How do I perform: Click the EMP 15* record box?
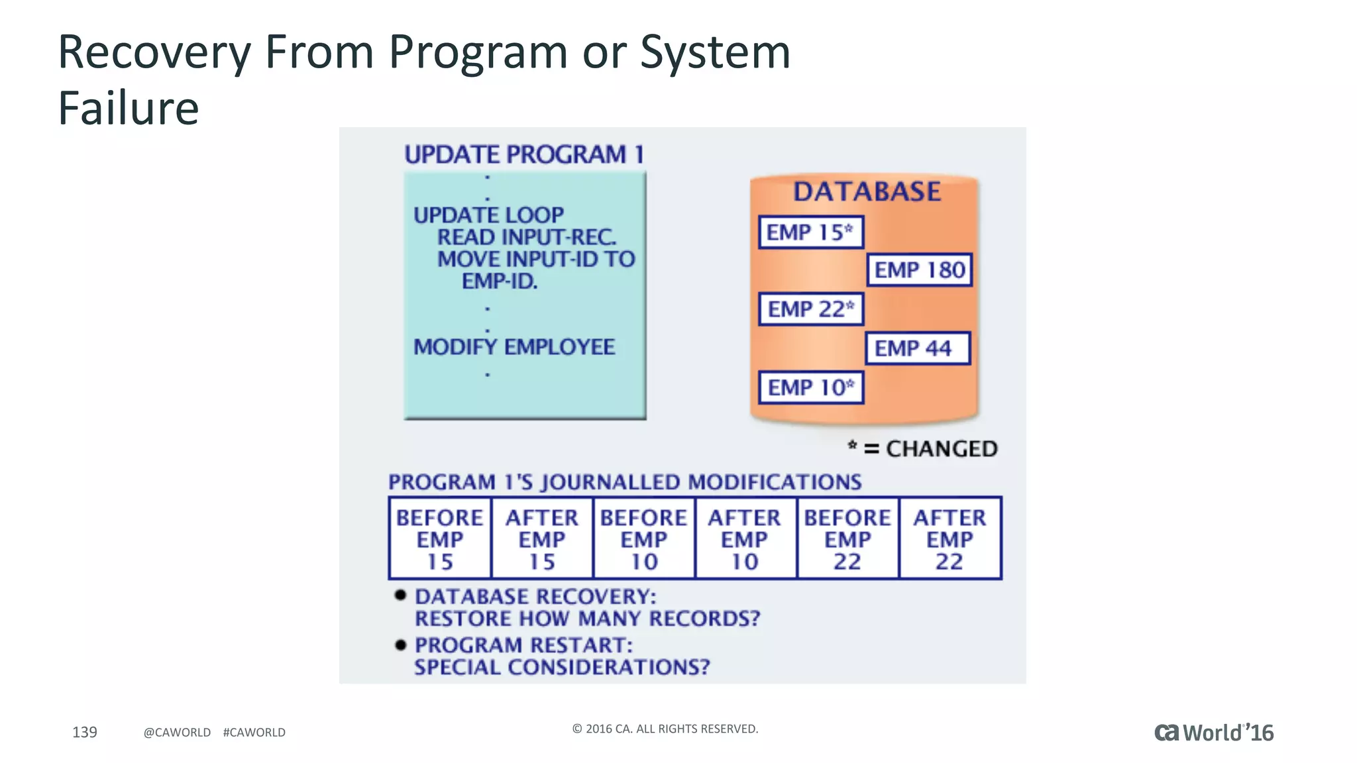point(810,232)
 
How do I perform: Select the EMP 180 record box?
point(919,270)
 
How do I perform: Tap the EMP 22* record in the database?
point(810,309)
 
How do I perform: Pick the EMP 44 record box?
point(918,348)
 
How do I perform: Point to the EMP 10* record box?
point(810,387)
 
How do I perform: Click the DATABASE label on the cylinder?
point(867,192)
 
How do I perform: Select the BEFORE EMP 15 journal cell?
point(440,538)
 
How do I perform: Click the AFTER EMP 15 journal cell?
point(542,538)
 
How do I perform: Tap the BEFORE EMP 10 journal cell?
point(643,538)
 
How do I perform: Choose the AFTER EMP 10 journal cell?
point(745,538)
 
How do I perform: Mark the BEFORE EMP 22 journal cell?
point(847,538)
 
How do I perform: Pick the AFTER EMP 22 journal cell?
point(950,538)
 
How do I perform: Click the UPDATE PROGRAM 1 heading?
point(524,155)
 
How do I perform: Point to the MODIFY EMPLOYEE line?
point(514,347)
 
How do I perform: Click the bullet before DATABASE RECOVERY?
point(400,595)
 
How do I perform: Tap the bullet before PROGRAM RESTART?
point(400,644)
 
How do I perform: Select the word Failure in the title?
point(129,108)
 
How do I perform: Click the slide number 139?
point(85,732)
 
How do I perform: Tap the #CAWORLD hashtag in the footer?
point(254,733)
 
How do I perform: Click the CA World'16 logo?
point(1214,733)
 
